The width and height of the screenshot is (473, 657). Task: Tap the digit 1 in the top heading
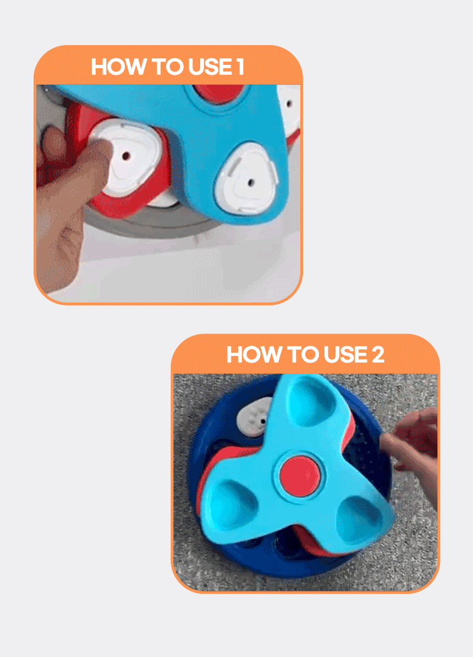click(x=240, y=67)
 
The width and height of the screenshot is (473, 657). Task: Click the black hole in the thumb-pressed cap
click(x=126, y=156)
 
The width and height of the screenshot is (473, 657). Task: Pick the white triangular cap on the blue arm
click(x=246, y=179)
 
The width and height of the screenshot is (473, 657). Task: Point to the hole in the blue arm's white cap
click(x=251, y=183)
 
